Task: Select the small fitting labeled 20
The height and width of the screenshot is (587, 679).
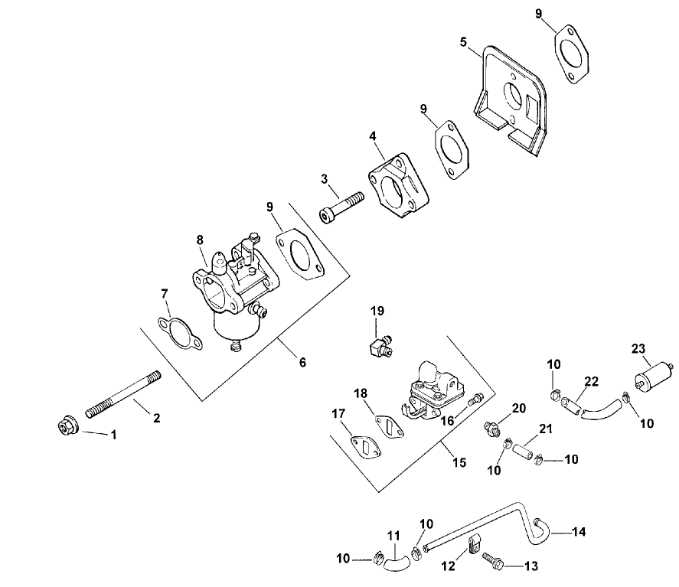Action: pos(491,426)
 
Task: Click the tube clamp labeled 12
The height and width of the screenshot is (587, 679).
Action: pos(474,546)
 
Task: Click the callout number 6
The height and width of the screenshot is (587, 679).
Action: pos(302,362)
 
